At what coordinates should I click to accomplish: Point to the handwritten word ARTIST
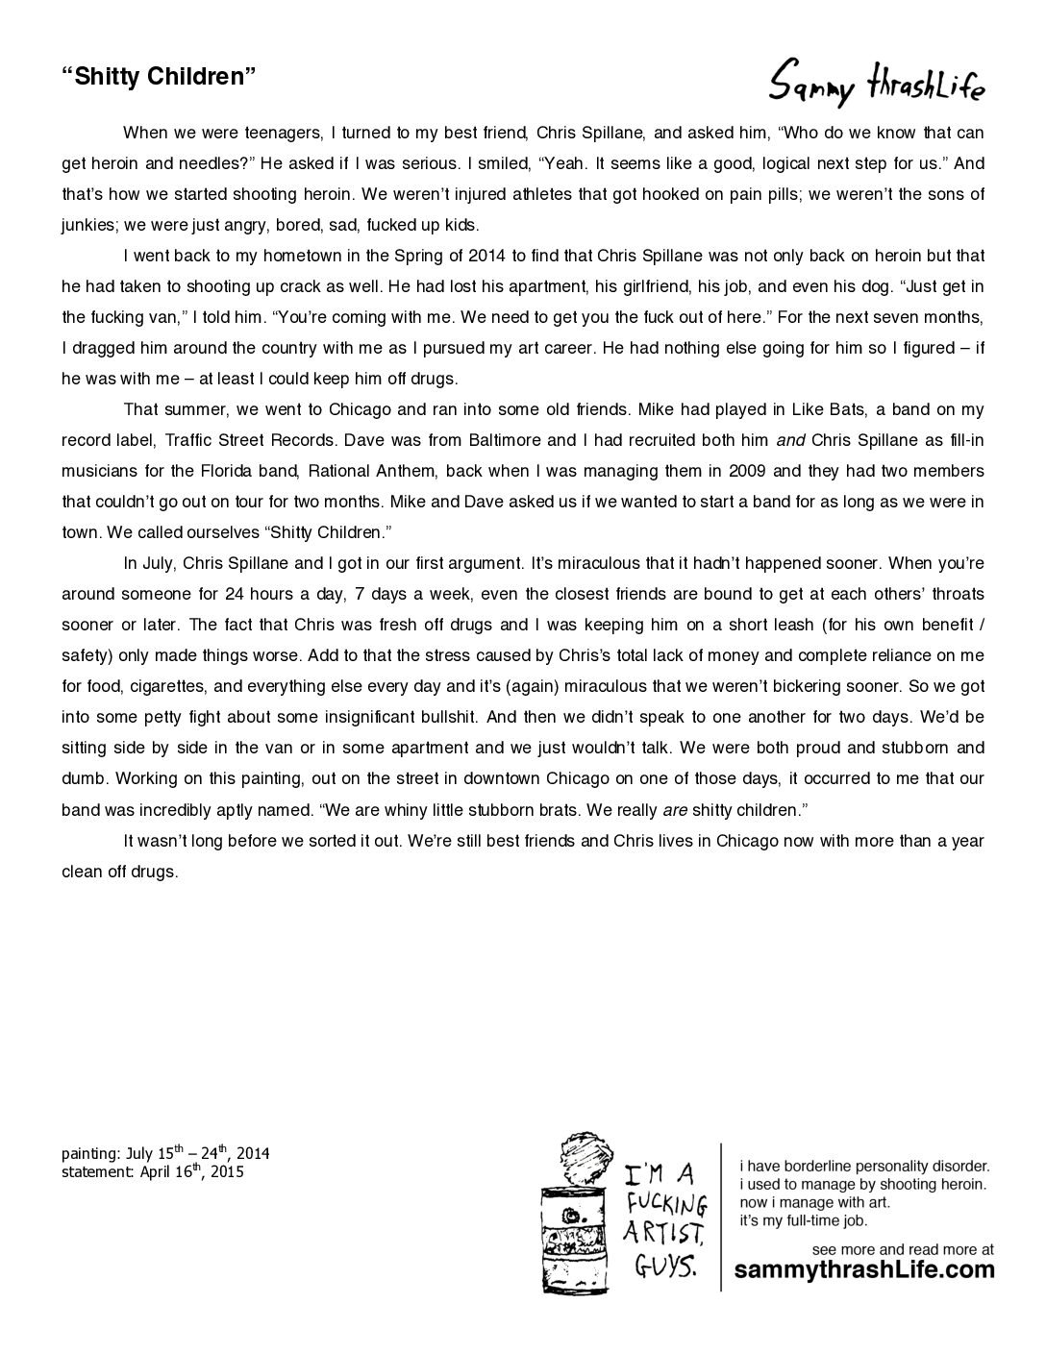click(x=663, y=1233)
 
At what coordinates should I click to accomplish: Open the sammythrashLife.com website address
click(x=864, y=1270)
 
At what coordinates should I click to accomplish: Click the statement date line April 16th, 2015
click(x=153, y=1172)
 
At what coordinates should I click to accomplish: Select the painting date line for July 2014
click(x=165, y=1153)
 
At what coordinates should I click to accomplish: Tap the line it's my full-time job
click(x=803, y=1221)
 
